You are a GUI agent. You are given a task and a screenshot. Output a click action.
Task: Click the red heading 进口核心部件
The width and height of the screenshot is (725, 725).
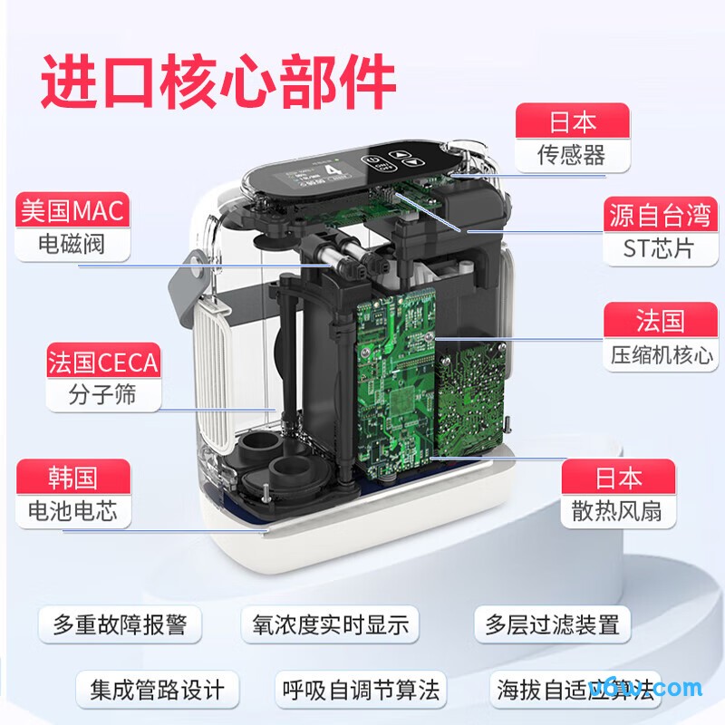click(x=218, y=83)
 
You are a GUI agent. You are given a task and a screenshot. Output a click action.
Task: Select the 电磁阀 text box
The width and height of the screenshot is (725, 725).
click(x=72, y=245)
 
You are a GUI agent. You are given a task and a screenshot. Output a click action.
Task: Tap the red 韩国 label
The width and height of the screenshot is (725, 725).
click(x=72, y=477)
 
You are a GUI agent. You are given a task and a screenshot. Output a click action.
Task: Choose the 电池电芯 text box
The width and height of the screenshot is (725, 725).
click(x=72, y=510)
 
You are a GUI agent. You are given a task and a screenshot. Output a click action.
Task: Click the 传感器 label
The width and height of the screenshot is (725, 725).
click(x=572, y=154)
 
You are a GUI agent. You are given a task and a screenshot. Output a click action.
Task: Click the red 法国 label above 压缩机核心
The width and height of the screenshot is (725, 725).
click(x=661, y=321)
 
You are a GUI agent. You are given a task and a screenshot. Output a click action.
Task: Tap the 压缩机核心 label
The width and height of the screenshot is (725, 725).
click(x=661, y=353)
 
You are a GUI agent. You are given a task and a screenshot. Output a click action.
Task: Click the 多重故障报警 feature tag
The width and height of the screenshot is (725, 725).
click(x=119, y=624)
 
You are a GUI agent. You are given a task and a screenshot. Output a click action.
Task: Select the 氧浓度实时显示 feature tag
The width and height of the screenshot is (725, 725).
click(x=330, y=624)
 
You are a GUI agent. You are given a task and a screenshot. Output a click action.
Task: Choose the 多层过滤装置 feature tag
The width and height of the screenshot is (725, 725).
click(x=552, y=624)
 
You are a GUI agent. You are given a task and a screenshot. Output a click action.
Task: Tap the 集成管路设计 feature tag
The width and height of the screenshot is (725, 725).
click(x=157, y=689)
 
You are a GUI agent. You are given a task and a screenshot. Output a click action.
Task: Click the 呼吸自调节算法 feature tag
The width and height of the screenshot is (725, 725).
click(x=360, y=689)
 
